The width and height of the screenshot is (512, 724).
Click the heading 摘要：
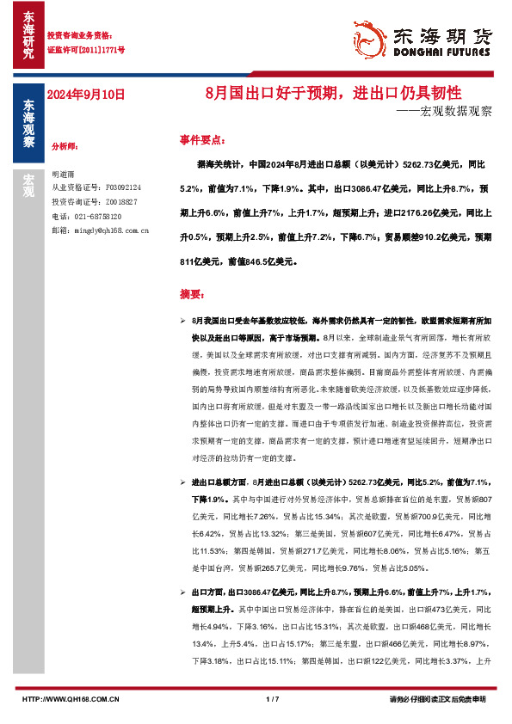point(193,294)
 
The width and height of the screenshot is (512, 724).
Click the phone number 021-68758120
point(99,216)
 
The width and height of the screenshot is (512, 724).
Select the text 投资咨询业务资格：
point(79,36)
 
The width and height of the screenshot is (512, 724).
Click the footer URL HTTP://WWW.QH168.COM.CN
point(70,700)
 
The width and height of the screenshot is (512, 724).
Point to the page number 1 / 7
point(273,700)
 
